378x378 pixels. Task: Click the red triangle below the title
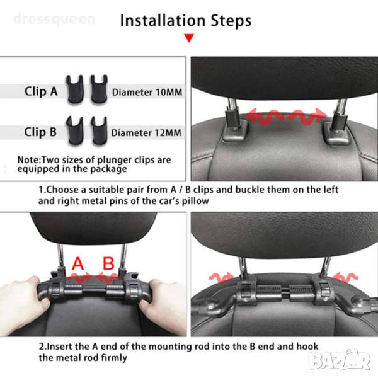click(189, 38)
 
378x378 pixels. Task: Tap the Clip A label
click(41, 91)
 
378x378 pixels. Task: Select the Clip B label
click(40, 132)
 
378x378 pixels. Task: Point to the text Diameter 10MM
click(147, 93)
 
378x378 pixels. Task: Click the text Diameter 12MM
click(146, 133)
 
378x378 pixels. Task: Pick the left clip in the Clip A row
click(75, 89)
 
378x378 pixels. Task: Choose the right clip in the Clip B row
click(99, 130)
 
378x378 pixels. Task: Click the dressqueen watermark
click(54, 19)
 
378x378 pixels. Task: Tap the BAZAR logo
click(340, 360)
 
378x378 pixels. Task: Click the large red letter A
click(78, 263)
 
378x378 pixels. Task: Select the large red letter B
click(108, 263)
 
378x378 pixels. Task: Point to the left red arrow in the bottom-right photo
click(221, 278)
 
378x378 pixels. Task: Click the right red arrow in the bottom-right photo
click(345, 277)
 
